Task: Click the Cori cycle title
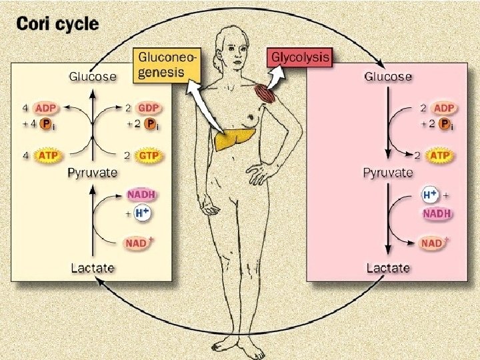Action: [x=57, y=25]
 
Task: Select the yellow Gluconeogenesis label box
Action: [x=167, y=65]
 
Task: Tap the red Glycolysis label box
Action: [x=299, y=57]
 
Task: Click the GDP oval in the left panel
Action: [x=149, y=108]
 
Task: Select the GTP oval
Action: [x=149, y=155]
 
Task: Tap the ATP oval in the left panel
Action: [x=47, y=155]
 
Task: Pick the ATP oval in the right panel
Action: [x=439, y=155]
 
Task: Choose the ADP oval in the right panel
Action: [x=441, y=108]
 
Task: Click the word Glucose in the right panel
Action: [x=387, y=77]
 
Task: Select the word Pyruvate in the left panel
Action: [x=93, y=173]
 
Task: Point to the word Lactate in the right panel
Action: [x=387, y=268]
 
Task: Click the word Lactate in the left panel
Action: [x=93, y=268]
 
